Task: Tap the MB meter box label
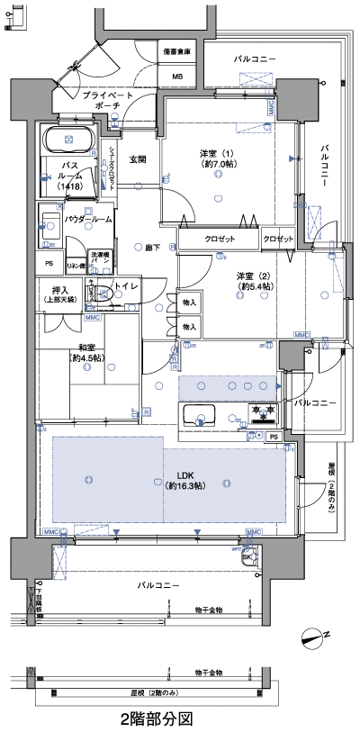coord(178,77)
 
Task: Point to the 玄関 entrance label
coord(138,159)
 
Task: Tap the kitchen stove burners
coord(264,413)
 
